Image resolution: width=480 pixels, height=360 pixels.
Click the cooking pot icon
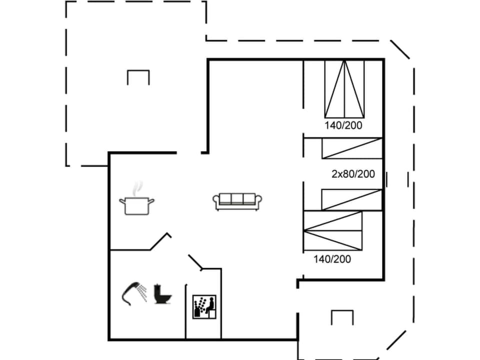click(x=136, y=205)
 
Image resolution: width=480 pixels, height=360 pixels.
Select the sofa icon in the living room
click(x=238, y=201)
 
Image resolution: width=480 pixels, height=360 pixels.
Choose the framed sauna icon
click(x=204, y=306)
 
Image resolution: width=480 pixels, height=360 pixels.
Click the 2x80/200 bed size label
click(x=353, y=174)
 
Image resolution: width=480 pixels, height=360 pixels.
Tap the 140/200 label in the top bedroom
click(x=343, y=125)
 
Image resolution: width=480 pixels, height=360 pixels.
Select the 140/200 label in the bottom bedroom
click(x=332, y=259)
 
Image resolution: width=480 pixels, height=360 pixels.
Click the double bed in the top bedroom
click(x=344, y=87)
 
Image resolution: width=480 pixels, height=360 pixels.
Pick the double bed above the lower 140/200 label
click(x=332, y=230)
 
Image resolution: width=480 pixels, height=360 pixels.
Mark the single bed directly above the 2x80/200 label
click(x=351, y=148)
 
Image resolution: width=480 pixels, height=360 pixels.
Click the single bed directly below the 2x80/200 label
click(x=351, y=199)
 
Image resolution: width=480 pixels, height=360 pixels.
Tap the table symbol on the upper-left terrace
click(x=138, y=77)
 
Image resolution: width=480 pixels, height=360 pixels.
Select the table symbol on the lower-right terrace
click(x=342, y=317)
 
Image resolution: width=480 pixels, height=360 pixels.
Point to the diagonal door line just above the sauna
click(x=195, y=262)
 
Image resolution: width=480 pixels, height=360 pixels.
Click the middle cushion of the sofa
click(x=238, y=199)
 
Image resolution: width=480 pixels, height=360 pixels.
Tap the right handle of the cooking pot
click(x=151, y=201)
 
